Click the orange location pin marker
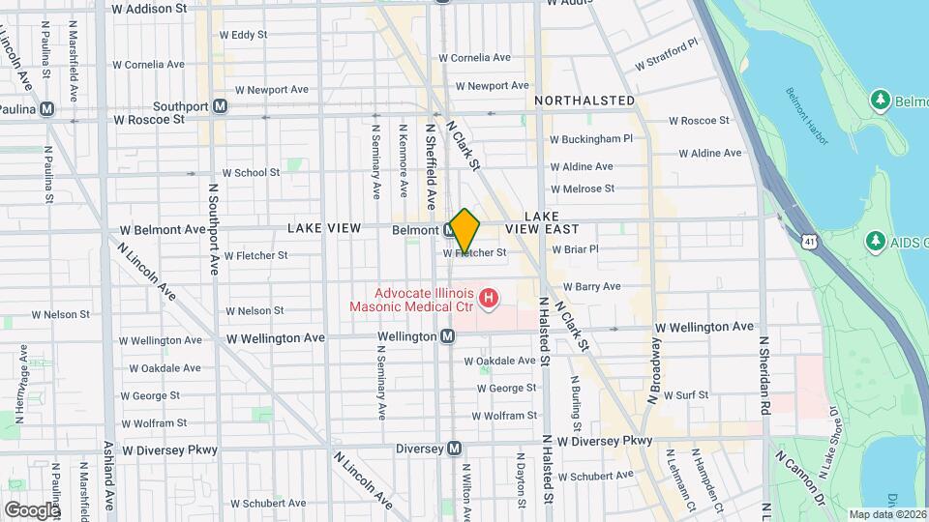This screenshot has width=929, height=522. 464,230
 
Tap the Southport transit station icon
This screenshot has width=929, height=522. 221,106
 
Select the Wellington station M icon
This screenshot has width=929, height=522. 447,336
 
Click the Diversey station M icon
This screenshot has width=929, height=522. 454,449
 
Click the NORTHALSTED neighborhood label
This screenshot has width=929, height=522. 584,101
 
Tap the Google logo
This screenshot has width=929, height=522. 32,509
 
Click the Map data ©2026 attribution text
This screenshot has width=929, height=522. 886,514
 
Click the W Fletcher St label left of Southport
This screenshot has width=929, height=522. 255,256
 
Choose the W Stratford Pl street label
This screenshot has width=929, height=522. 666,56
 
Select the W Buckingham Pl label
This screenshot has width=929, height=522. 590,138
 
